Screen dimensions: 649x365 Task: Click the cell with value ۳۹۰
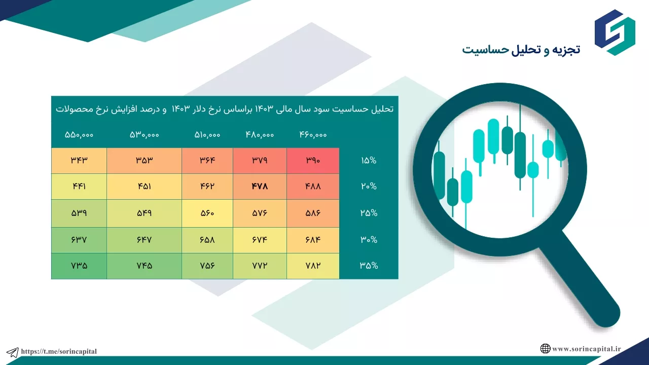click(313, 161)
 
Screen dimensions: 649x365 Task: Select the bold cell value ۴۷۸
click(260, 186)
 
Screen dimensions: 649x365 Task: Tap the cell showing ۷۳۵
click(79, 266)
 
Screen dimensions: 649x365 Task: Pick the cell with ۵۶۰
click(207, 213)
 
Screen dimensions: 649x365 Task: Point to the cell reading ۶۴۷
click(145, 240)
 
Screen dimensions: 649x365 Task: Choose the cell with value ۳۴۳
click(79, 161)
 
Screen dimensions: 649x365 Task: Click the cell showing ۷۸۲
click(313, 266)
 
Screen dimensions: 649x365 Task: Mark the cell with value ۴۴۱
click(79, 186)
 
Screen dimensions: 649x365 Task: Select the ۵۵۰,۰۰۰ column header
click(79, 135)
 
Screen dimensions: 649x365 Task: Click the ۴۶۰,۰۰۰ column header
click(313, 135)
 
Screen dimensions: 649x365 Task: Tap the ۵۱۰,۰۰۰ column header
click(207, 135)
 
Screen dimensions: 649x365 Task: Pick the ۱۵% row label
click(369, 161)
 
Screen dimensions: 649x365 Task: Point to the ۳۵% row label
click(369, 266)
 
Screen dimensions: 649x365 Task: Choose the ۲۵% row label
click(369, 213)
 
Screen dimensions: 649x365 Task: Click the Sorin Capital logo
click(615, 32)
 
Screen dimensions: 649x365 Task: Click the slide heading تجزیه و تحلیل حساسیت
click(521, 50)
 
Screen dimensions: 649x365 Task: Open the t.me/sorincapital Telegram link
click(59, 351)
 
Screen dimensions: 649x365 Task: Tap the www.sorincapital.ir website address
click(587, 349)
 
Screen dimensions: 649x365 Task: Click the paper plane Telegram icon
click(13, 352)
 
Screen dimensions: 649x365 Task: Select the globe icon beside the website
click(545, 348)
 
